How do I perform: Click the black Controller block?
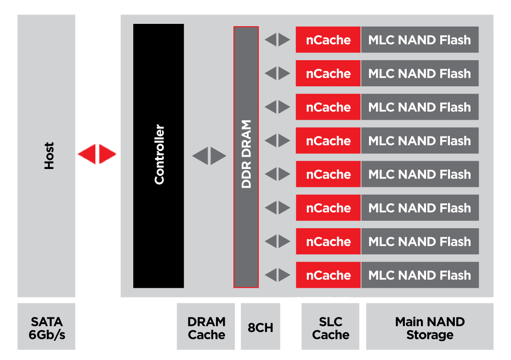[x=159, y=156]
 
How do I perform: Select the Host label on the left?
[x=48, y=156]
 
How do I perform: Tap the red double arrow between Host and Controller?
[x=97, y=154]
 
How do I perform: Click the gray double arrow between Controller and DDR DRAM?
[x=209, y=156]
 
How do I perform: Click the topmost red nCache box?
[x=328, y=40]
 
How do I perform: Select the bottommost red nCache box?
[x=328, y=275]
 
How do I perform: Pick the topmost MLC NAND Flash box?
[x=420, y=40]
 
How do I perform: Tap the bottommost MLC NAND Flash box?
[x=420, y=275]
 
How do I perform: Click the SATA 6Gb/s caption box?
[x=46, y=328]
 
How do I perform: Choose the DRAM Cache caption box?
[x=206, y=328]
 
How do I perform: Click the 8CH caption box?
[x=261, y=328]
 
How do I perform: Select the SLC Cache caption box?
[x=330, y=328]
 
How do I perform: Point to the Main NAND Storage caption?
[x=430, y=328]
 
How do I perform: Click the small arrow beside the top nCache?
[x=278, y=40]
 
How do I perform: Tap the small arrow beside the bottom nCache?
[x=278, y=275]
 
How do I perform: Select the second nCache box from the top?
[x=328, y=73]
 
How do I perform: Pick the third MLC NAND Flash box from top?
[x=420, y=107]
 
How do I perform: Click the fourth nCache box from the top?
[x=328, y=141]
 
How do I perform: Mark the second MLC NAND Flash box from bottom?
[x=420, y=242]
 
